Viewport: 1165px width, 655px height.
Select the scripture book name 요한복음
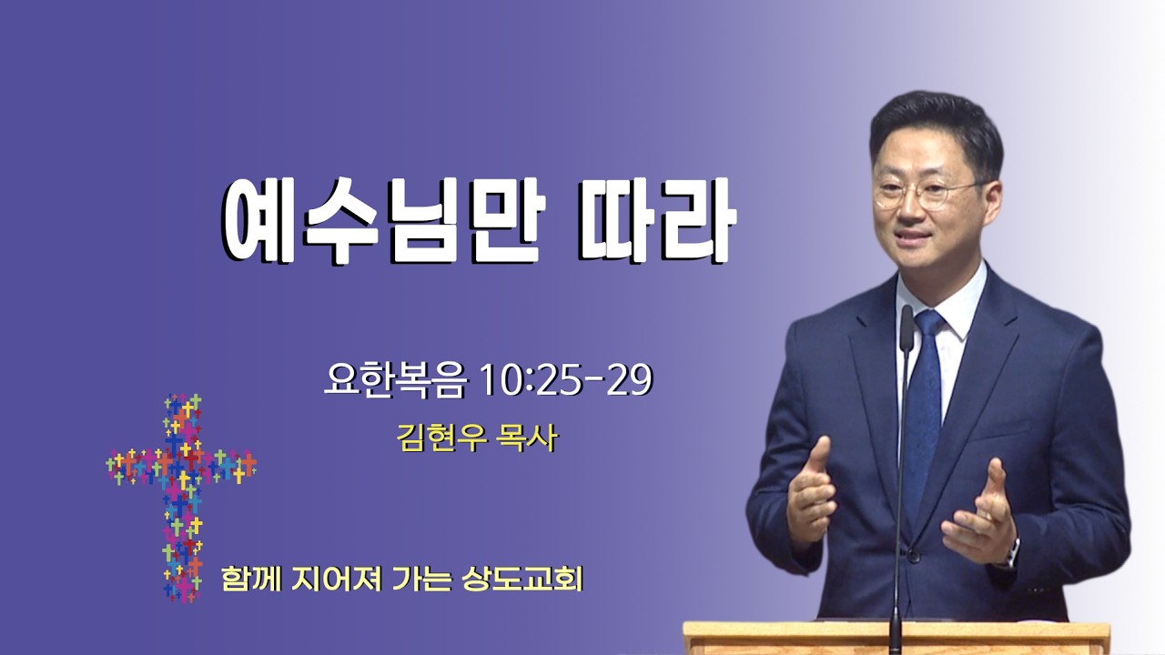point(394,380)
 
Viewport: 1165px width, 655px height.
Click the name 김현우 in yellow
point(442,438)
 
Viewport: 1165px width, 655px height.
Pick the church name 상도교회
point(522,579)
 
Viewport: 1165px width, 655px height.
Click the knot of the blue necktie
point(927,323)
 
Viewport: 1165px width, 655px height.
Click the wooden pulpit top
point(896,631)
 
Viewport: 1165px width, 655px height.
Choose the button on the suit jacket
point(913,558)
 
